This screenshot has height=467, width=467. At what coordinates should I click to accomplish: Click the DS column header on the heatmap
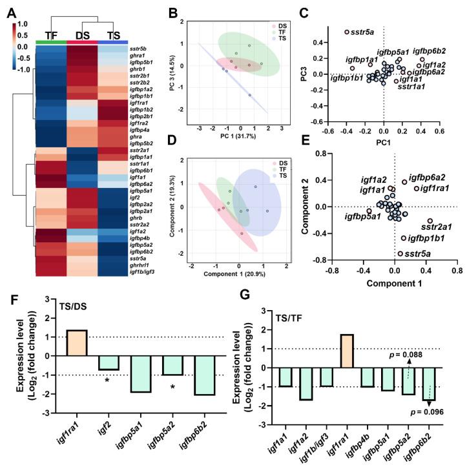pyautogui.click(x=84, y=34)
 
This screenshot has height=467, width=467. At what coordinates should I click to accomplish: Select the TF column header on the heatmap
pyautogui.click(x=50, y=34)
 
